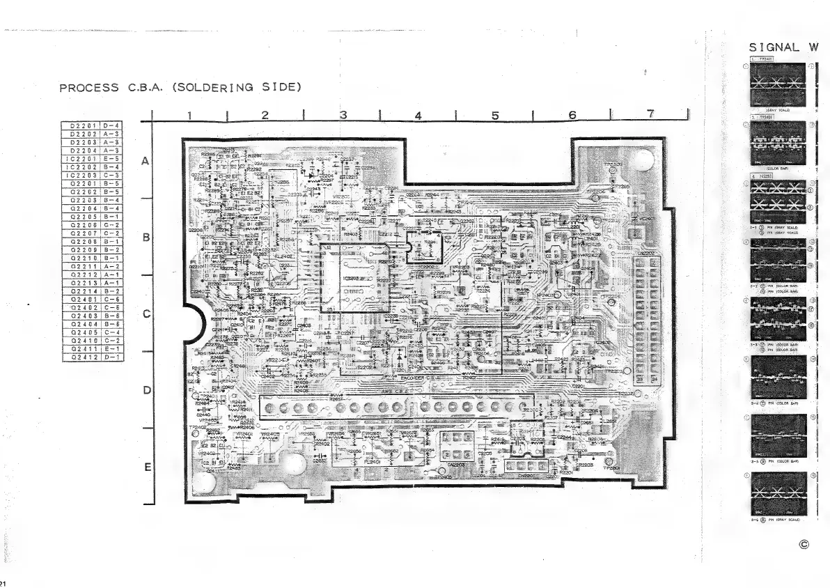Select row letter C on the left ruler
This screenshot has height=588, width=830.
coord(146,314)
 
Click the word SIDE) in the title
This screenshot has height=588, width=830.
coord(280,88)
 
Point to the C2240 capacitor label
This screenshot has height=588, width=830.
coord(203,415)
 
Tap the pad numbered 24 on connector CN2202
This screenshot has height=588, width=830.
coord(655,380)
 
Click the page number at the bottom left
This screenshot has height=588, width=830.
coord(3,582)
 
